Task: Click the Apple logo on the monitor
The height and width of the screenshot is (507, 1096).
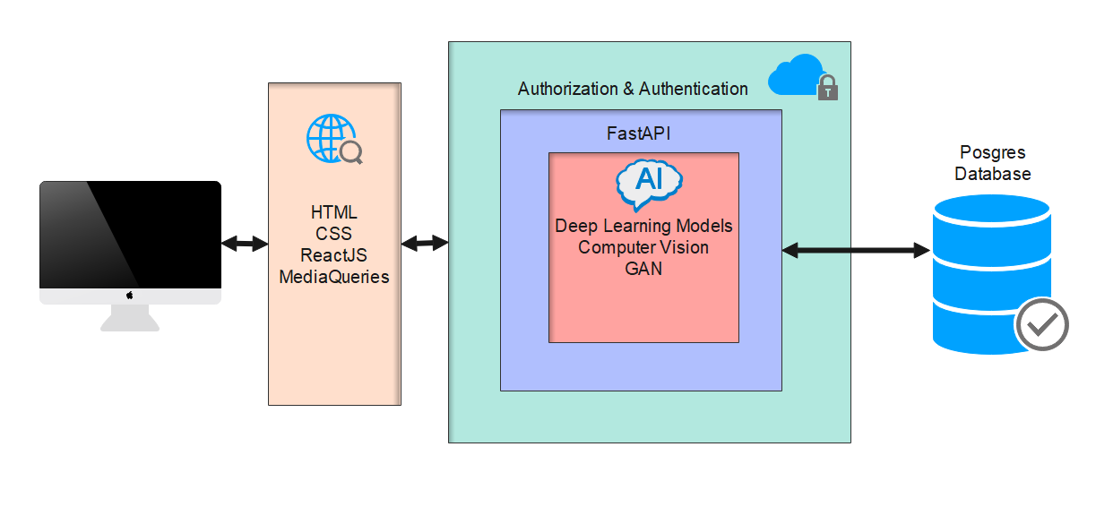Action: tap(130, 295)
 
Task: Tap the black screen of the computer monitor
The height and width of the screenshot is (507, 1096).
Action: tap(130, 235)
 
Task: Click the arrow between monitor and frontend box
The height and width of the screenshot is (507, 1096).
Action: tap(245, 243)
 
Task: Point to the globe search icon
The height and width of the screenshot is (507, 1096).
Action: tap(334, 140)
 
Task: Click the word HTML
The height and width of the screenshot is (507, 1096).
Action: tap(334, 212)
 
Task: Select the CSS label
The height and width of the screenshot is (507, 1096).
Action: tap(334, 234)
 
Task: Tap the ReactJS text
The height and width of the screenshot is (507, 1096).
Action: tap(334, 255)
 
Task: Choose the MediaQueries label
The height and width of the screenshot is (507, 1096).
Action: tap(334, 277)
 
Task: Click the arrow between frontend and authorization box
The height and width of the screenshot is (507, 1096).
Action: tap(425, 243)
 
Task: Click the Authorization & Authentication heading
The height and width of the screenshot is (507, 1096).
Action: tap(633, 89)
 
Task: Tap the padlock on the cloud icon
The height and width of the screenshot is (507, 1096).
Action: tap(828, 88)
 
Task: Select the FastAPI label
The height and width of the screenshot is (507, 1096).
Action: tap(639, 134)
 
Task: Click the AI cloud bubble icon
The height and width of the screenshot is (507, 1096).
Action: tap(649, 182)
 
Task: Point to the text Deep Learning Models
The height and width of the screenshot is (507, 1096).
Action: tap(643, 226)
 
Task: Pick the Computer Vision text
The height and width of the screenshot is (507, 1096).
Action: tap(643, 247)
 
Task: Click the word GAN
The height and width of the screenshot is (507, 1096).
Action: tap(643, 268)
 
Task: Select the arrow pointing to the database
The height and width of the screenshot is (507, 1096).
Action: tap(856, 251)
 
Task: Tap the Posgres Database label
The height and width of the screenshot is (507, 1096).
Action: tap(992, 163)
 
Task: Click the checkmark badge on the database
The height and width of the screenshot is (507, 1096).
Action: tap(1041, 323)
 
